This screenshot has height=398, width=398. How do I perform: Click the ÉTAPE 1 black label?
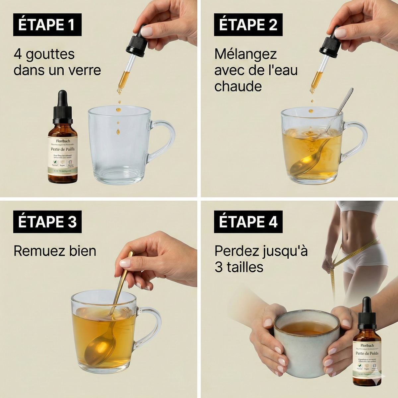point(47,25)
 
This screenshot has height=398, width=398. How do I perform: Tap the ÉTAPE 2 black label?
point(248,25)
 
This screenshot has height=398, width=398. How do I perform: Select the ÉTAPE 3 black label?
point(47,222)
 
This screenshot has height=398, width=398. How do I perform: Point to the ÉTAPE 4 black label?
point(248,222)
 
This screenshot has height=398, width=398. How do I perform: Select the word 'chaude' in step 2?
point(238,87)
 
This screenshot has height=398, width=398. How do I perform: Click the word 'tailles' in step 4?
point(245,267)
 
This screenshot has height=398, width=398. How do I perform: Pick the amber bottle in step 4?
point(367,352)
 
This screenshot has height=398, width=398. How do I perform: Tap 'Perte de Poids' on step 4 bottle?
point(367,353)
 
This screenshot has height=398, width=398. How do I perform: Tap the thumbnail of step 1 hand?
point(147,32)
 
